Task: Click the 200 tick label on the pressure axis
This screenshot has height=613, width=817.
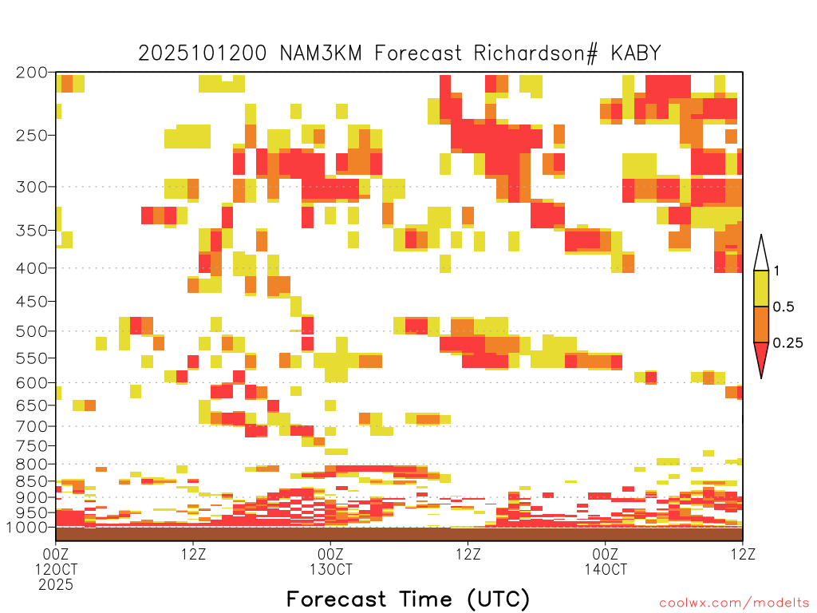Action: (x=32, y=73)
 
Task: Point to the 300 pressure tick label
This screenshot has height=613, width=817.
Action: (x=32, y=187)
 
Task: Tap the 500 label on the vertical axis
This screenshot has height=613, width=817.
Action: (x=32, y=331)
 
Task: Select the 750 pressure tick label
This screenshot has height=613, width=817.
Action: (x=32, y=445)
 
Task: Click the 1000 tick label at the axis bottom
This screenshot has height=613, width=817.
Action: (x=27, y=528)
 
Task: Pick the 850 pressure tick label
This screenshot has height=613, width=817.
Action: (x=32, y=481)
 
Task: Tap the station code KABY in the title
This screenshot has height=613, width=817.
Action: (x=636, y=53)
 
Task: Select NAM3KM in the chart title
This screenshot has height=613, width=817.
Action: (x=321, y=53)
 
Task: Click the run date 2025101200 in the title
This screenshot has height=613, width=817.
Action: (x=202, y=53)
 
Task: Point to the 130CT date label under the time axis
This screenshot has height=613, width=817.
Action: (x=331, y=569)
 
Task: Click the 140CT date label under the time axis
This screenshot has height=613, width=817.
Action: (x=606, y=569)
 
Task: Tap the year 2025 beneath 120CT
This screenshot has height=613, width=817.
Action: (x=56, y=585)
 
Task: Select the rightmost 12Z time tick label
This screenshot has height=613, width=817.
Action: (x=743, y=554)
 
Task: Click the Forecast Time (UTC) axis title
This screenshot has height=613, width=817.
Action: (x=408, y=599)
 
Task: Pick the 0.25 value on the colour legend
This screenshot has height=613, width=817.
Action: (x=787, y=342)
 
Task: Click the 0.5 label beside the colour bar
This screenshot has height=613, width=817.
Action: (x=783, y=306)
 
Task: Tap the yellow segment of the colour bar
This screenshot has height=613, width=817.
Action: (x=761, y=288)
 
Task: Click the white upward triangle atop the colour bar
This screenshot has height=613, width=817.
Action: (x=761, y=255)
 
